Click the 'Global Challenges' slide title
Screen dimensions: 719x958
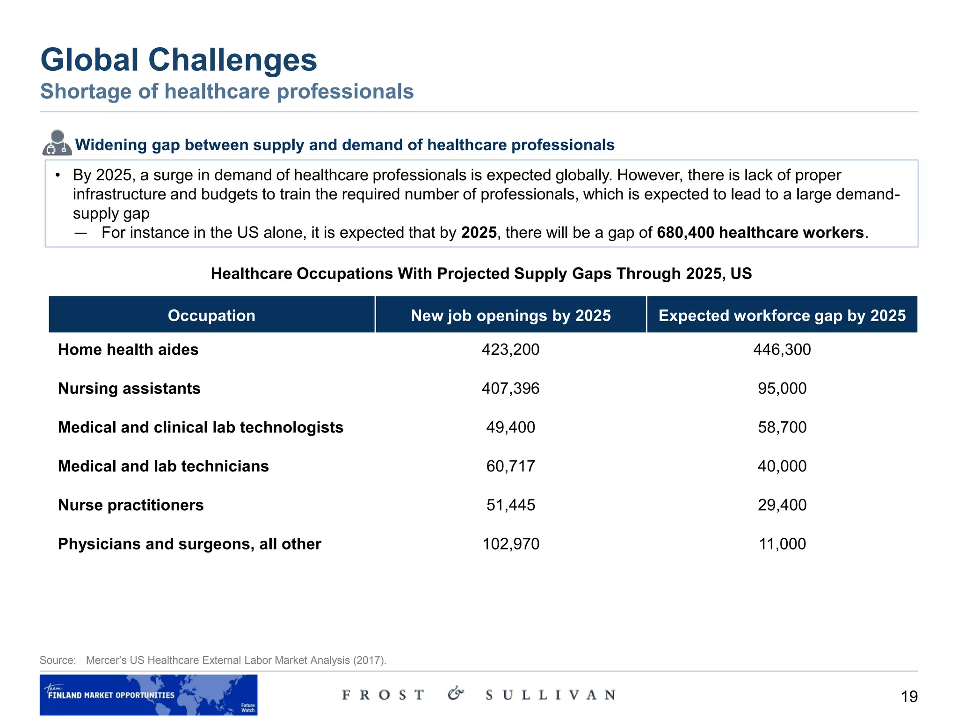pyautogui.click(x=179, y=60)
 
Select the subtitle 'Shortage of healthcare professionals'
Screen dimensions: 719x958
pyautogui.click(x=227, y=91)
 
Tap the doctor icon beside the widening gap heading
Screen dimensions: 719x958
pyautogui.click(x=57, y=143)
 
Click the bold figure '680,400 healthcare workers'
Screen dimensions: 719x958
pyautogui.click(x=760, y=233)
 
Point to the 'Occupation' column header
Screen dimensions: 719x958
pyautogui.click(x=211, y=315)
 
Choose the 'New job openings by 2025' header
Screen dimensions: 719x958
pyautogui.click(x=510, y=315)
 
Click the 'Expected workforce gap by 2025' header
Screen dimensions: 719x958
pyautogui.click(x=782, y=315)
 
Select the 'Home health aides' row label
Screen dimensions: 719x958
pyautogui.click(x=128, y=350)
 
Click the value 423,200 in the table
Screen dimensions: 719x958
pyautogui.click(x=510, y=350)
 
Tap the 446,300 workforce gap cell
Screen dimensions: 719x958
pyautogui.click(x=782, y=350)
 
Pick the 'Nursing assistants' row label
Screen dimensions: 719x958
pyautogui.click(x=129, y=389)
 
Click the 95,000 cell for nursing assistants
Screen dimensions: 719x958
pyautogui.click(x=782, y=389)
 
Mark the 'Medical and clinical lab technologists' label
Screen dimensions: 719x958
pyautogui.click(x=201, y=427)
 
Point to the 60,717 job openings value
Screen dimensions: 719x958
pyautogui.click(x=510, y=466)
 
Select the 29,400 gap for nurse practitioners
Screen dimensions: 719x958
pyautogui.click(x=782, y=505)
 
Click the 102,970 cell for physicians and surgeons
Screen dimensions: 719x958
pyautogui.click(x=510, y=544)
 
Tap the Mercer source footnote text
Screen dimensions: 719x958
pyautogui.click(x=236, y=660)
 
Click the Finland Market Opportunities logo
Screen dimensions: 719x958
pyautogui.click(x=148, y=695)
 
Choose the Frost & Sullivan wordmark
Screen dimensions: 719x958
pyautogui.click(x=479, y=695)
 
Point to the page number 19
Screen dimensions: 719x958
pyautogui.click(x=909, y=697)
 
